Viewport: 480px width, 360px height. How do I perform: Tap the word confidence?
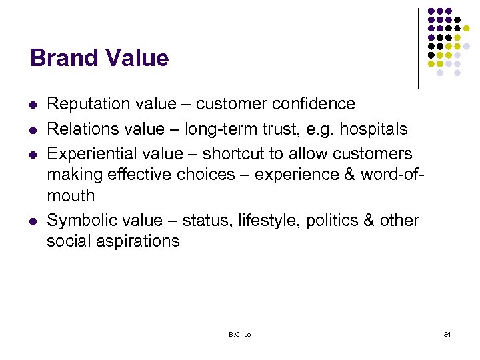tap(313, 104)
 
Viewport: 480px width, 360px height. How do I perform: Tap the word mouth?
tap(71, 196)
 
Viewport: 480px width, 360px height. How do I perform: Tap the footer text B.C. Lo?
tap(240, 334)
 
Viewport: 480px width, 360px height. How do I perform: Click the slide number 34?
tap(447, 334)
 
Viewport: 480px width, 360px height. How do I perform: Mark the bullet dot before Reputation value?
tap(33, 105)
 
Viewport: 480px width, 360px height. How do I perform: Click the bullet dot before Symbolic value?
tap(33, 221)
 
